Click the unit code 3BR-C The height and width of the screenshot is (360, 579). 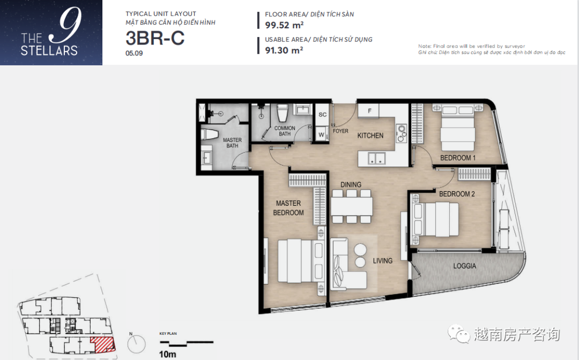pos(155,38)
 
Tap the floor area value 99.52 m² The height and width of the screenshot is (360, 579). pos(284,25)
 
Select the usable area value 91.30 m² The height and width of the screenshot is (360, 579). pos(284,50)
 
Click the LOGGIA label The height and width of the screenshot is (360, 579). pos(464,266)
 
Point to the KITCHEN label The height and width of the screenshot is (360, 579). pos(370,136)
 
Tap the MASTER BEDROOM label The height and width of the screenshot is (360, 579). pos(288,208)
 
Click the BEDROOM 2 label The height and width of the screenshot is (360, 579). pos(457,194)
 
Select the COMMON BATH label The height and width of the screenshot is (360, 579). pos(285,131)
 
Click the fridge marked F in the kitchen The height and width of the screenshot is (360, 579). pos(369,111)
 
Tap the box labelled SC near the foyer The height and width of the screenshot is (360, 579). pos(322,115)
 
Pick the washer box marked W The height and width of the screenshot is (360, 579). pos(321,134)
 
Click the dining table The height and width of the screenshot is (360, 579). pos(351,207)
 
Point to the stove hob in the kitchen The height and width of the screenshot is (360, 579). pos(401,133)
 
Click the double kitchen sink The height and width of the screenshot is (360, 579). pos(377,159)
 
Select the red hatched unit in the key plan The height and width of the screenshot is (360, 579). pos(103,344)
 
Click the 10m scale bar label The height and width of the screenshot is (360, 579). pos(167,354)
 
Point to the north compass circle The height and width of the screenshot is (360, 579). pos(137,344)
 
